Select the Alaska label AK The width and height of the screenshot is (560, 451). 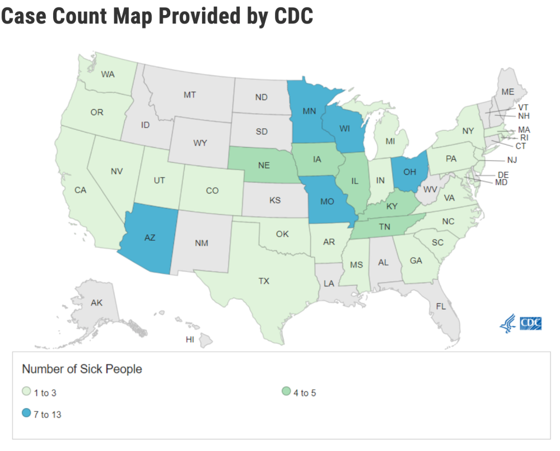96,303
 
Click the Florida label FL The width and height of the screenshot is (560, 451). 441,306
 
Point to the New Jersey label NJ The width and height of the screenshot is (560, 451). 512,160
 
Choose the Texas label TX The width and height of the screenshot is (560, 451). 264,281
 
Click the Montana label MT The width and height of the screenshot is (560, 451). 189,95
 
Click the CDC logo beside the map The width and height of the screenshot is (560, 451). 521,323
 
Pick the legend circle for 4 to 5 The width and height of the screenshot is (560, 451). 285,393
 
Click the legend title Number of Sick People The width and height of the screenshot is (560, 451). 82,369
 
